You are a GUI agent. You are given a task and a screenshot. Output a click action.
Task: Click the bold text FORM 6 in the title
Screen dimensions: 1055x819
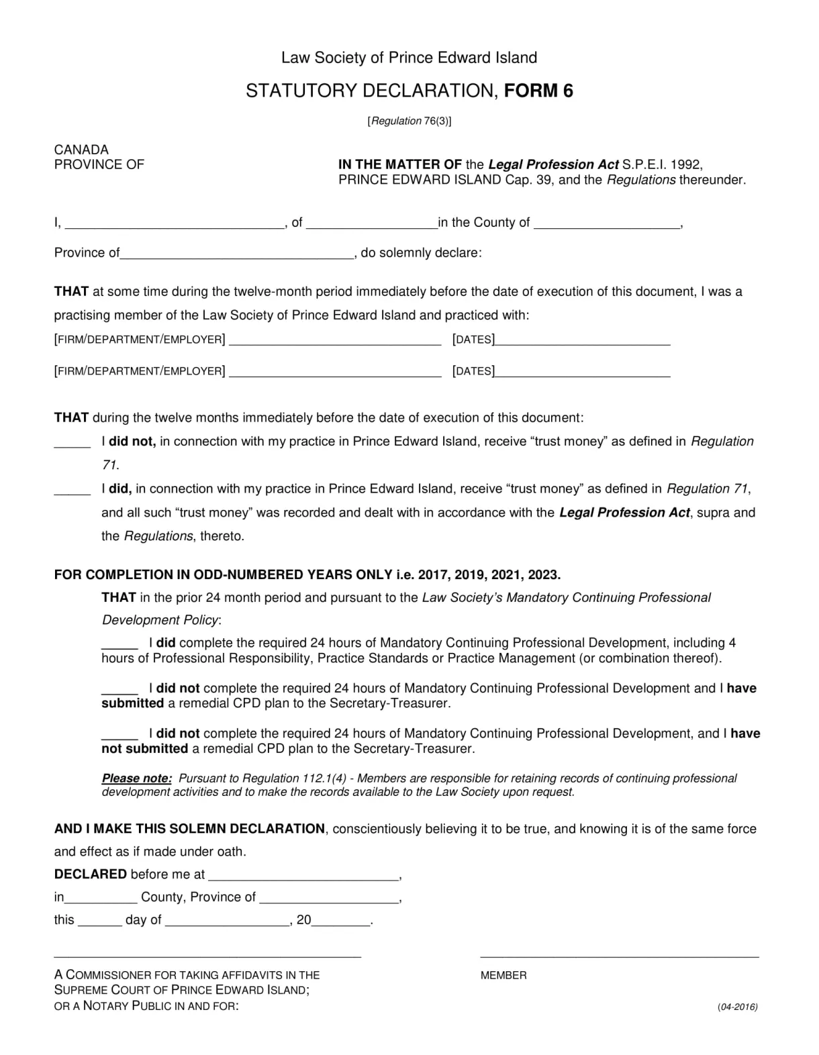click(x=538, y=91)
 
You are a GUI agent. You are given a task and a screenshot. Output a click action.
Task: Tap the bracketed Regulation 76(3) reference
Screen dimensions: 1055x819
click(x=409, y=121)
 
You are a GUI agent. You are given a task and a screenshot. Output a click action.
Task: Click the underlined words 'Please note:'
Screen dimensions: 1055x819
click(x=137, y=778)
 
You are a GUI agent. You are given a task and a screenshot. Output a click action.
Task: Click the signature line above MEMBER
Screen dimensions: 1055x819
click(x=620, y=956)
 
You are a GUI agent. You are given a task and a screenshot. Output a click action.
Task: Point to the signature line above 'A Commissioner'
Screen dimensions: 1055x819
click(x=207, y=956)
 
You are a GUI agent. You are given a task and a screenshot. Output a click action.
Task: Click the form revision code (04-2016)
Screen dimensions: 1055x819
click(x=737, y=1007)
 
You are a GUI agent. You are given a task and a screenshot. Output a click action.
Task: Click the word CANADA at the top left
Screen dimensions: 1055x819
click(x=81, y=150)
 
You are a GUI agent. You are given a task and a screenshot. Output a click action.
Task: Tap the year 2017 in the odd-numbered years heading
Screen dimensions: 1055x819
click(x=432, y=574)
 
